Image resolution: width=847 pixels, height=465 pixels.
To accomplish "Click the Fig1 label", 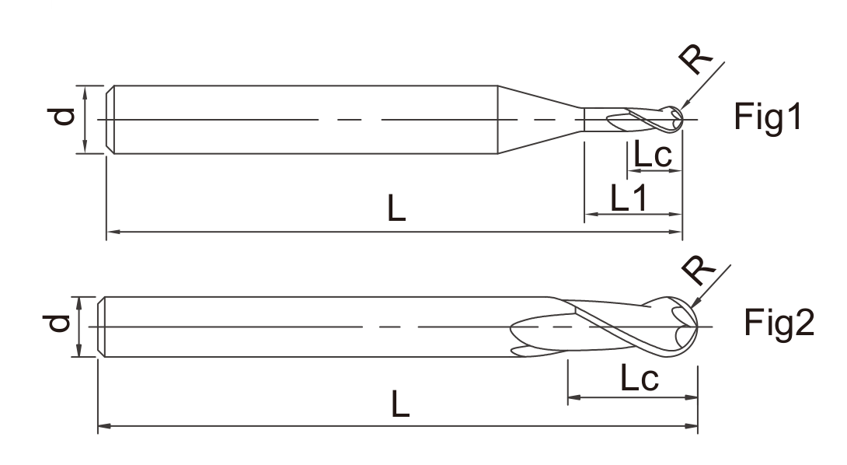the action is [769, 117].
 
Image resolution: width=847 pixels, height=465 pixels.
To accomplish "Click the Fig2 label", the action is [779, 323].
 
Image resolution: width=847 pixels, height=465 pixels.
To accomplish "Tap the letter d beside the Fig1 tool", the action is [61, 117].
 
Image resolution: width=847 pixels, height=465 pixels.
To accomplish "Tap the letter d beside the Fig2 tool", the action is [57, 323].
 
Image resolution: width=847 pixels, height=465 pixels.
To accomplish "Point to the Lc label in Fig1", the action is [653, 155].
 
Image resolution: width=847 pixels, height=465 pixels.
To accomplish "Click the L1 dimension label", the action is [629, 198].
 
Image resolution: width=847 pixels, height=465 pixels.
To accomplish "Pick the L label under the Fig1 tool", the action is [396, 208].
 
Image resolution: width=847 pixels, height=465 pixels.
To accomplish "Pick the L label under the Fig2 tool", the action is [400, 404].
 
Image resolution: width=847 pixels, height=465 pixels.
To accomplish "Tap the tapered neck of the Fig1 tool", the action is [540, 120].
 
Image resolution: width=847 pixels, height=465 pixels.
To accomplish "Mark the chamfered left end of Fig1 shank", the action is [110, 120].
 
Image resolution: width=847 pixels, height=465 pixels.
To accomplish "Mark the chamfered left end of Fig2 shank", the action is [101, 327].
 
